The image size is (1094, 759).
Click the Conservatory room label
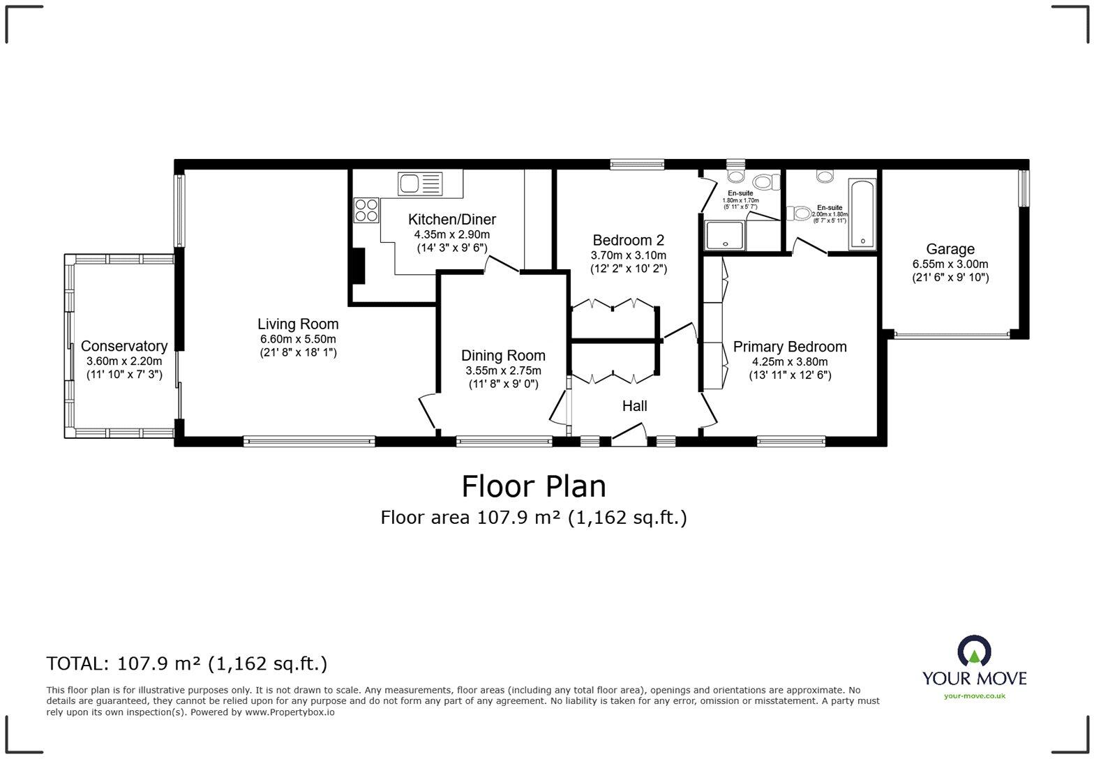pyautogui.click(x=123, y=346)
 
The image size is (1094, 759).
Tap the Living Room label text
pyautogui.click(x=298, y=324)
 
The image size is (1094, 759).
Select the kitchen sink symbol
pyautogui.click(x=420, y=183)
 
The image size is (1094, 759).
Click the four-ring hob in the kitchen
pyautogui.click(x=367, y=210)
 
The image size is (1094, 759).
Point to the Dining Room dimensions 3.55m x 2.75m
pyautogui.click(x=503, y=370)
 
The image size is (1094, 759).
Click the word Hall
pyautogui.click(x=634, y=406)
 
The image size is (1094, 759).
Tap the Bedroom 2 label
pyautogui.click(x=628, y=240)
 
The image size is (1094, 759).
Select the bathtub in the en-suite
pyautogui.click(x=862, y=214)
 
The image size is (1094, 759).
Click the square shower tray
pyautogui.click(x=726, y=235)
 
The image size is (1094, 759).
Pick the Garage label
pyautogui.click(x=950, y=249)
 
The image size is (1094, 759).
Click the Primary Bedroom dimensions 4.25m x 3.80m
pyautogui.click(x=789, y=361)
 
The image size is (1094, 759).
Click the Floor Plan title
pyautogui.click(x=534, y=486)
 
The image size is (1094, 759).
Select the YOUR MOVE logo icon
pyautogui.click(x=974, y=651)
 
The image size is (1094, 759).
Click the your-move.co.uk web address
pyautogui.click(x=974, y=696)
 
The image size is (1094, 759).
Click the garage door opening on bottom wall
pyautogui.click(x=952, y=335)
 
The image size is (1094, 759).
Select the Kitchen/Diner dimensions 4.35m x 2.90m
pyautogui.click(x=451, y=234)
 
